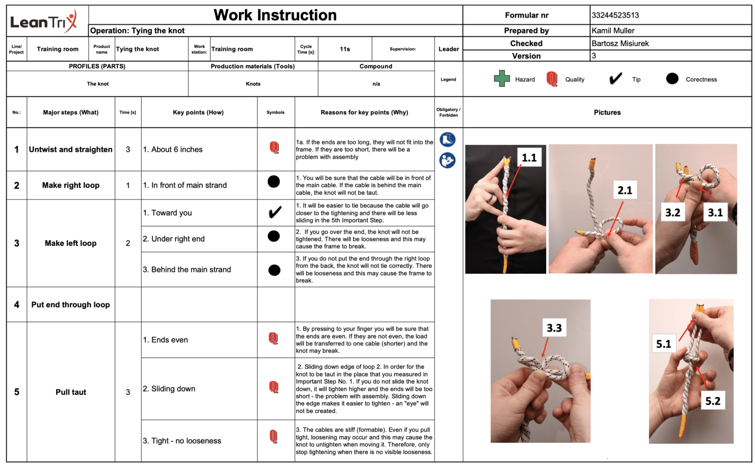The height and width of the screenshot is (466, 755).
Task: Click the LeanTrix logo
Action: (x=44, y=21)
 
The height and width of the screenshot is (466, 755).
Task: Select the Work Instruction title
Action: (x=275, y=15)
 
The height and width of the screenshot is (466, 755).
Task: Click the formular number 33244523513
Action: (x=615, y=15)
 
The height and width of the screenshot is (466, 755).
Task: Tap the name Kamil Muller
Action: (x=613, y=30)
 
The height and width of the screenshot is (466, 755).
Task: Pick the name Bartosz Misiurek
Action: (x=620, y=43)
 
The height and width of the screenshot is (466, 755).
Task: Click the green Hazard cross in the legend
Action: (x=501, y=79)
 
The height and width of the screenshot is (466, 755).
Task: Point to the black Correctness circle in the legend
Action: (x=672, y=79)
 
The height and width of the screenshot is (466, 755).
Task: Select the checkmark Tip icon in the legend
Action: (x=615, y=79)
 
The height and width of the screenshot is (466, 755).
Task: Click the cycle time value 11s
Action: (x=345, y=49)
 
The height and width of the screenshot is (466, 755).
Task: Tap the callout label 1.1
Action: (x=529, y=158)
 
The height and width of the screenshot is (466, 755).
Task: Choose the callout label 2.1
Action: (x=625, y=190)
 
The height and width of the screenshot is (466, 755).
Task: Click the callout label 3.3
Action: (x=554, y=328)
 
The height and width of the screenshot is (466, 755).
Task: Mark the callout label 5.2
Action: (x=713, y=401)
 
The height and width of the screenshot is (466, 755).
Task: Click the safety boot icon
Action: (x=447, y=140)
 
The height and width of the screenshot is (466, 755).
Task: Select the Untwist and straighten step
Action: (x=71, y=149)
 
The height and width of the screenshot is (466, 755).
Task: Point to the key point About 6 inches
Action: (x=173, y=149)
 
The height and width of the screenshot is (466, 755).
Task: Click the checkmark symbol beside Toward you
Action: (x=275, y=212)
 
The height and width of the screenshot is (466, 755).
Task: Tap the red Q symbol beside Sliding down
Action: (x=274, y=387)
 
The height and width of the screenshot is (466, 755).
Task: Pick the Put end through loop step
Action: (x=71, y=305)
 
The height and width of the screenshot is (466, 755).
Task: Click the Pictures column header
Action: (x=607, y=113)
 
